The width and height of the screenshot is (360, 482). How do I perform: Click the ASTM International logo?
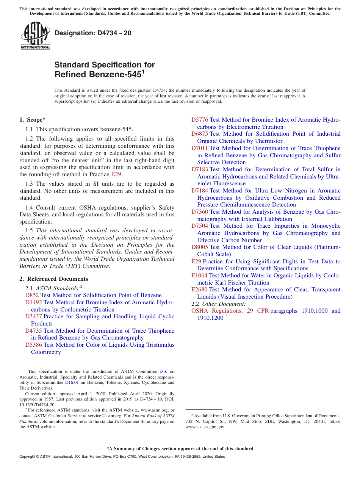pyautogui.click(x=35, y=36)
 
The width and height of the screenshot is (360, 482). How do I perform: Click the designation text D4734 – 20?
pyautogui.click(x=93, y=33)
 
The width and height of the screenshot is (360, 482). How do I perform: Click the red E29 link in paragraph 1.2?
pyautogui.click(x=116, y=174)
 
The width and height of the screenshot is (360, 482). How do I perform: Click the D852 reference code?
pyautogui.click(x=32, y=295)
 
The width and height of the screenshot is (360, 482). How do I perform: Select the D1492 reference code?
pyautogui.click(x=33, y=302)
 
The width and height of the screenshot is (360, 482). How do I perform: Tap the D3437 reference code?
pyautogui.click(x=33, y=316)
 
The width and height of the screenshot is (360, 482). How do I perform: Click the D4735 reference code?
pyautogui.click(x=33, y=331)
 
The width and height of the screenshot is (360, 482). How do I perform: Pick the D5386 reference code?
pyautogui.click(x=33, y=345)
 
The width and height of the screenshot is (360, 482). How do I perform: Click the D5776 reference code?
pyautogui.click(x=200, y=120)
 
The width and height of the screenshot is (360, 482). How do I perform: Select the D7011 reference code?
pyautogui.click(x=200, y=148)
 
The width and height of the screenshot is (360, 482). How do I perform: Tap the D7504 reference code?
pyautogui.click(x=200, y=226)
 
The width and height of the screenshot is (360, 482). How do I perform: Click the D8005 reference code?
pyautogui.click(x=200, y=247)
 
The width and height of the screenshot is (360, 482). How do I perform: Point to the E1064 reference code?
pyautogui.click(x=199, y=275)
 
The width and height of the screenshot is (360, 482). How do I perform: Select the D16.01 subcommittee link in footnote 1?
pyautogui.click(x=71, y=383)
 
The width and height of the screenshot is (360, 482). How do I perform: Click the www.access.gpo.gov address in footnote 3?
pyautogui.click(x=205, y=427)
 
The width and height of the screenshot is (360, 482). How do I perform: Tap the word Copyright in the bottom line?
pyautogui.click(x=28, y=457)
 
